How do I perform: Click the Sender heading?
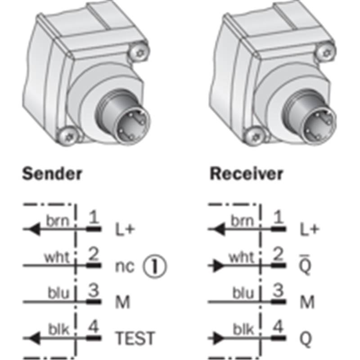[x=52, y=174]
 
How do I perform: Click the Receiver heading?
[x=246, y=174]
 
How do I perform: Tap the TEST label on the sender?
[x=135, y=338]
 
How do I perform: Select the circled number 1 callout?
[x=155, y=266]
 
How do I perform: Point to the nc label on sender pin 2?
[x=125, y=267]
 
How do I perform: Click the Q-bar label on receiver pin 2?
[x=306, y=265]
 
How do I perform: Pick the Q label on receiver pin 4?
[x=306, y=339]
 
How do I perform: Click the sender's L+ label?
[x=125, y=229]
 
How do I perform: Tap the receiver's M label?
[x=307, y=302]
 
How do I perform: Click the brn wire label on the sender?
[x=58, y=221]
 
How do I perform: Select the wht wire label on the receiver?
[x=242, y=257]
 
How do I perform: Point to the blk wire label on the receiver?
[x=243, y=329]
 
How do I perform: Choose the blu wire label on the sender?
[x=58, y=293]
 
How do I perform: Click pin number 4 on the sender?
[x=94, y=327]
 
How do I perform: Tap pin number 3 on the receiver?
[x=278, y=290]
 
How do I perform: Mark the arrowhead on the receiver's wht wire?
[x=219, y=266]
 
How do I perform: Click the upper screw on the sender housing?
[x=139, y=53]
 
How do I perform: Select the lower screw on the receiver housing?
[x=254, y=137]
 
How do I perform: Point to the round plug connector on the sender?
[x=123, y=116]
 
